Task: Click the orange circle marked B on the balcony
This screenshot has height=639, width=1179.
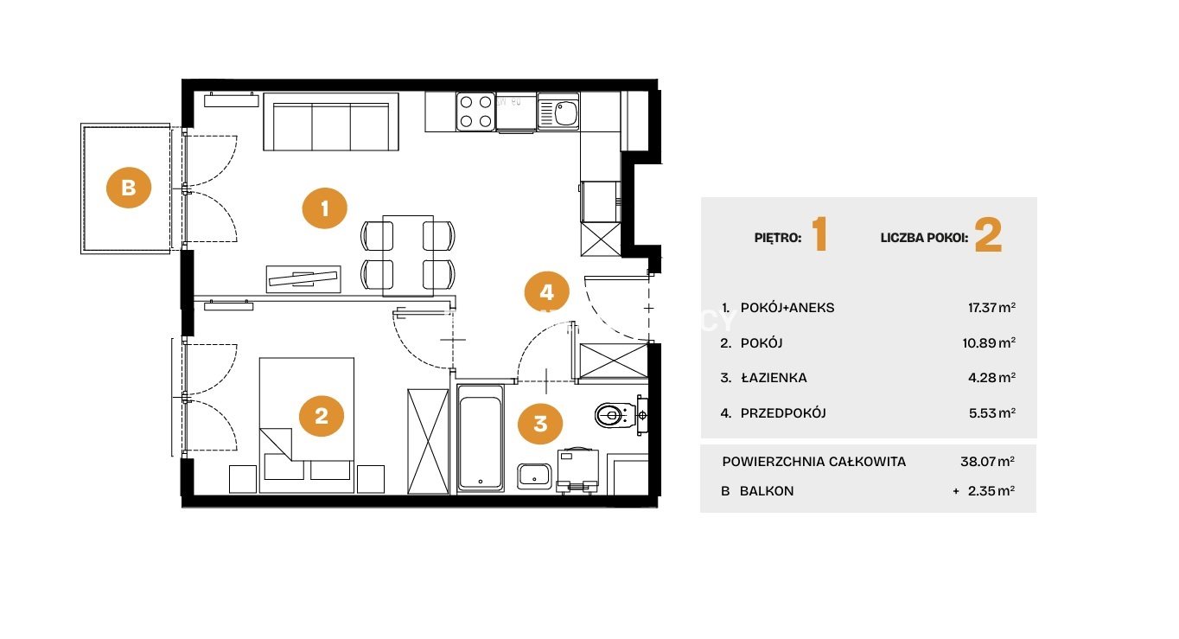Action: (x=129, y=188)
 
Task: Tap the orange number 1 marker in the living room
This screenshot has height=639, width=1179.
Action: (x=325, y=208)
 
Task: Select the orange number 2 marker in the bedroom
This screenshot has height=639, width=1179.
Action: (x=322, y=416)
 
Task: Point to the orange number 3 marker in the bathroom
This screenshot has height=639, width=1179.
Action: (x=540, y=423)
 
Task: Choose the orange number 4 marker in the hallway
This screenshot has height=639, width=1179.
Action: (x=547, y=292)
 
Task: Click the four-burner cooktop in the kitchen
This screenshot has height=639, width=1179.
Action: (x=475, y=112)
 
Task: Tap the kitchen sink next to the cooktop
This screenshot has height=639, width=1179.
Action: (x=558, y=112)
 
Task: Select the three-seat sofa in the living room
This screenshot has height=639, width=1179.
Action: (x=331, y=123)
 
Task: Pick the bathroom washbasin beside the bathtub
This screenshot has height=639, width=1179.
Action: (x=534, y=476)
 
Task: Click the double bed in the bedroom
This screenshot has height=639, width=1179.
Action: (x=307, y=425)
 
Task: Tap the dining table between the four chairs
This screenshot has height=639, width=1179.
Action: (x=408, y=256)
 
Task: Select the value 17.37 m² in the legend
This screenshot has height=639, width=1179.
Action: (x=992, y=307)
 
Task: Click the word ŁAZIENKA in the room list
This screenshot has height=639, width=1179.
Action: (x=774, y=378)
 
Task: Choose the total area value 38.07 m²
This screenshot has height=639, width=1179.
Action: (x=988, y=462)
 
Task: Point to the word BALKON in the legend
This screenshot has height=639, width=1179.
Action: (x=767, y=491)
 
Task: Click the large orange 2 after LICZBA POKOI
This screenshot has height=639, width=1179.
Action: (x=989, y=235)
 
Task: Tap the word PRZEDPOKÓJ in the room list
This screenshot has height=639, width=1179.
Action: (x=783, y=413)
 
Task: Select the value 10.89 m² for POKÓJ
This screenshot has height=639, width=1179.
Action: (x=990, y=343)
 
